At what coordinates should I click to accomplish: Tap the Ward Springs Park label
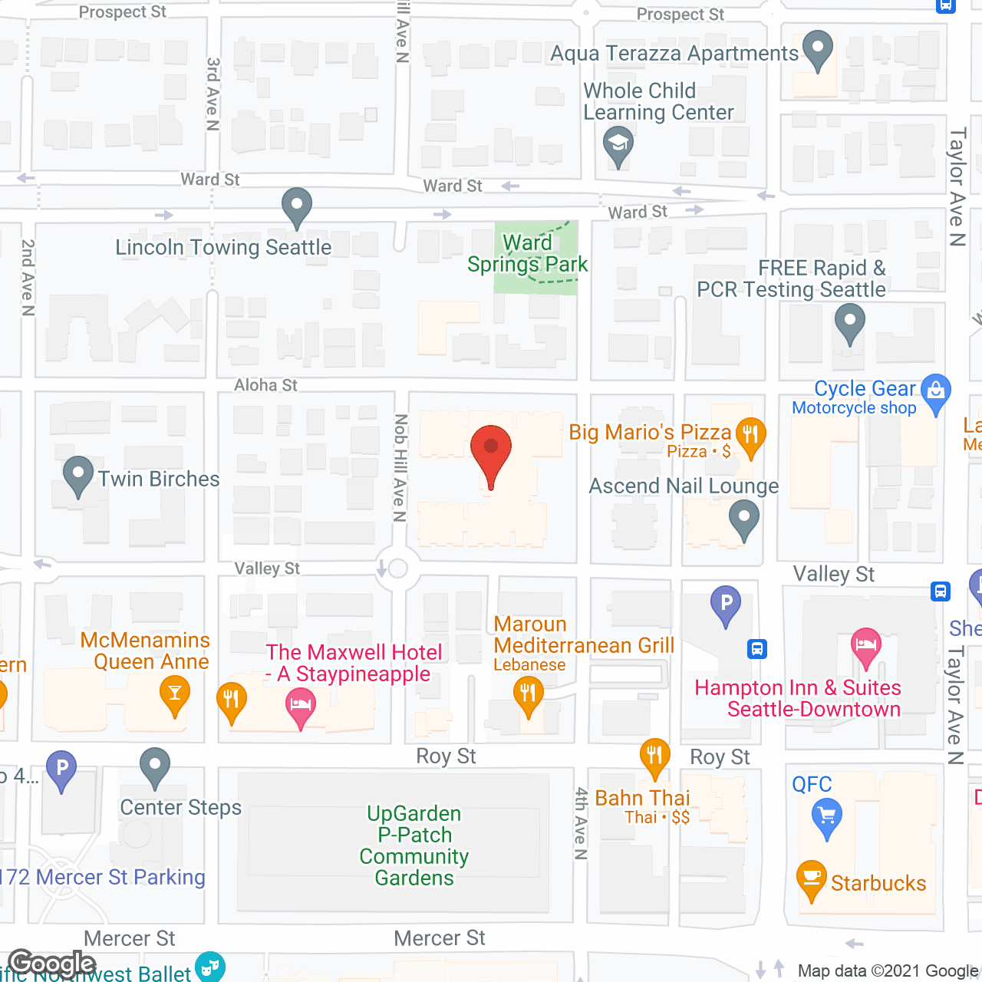pos(527,254)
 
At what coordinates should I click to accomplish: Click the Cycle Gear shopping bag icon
pos(935,392)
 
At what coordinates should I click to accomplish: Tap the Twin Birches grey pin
pos(77,476)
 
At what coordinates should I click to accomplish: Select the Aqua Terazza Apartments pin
pos(818,50)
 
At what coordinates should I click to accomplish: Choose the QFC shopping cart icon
pos(827,816)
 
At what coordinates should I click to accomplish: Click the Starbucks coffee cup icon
pos(812,879)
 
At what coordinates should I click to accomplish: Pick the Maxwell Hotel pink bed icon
pos(300,706)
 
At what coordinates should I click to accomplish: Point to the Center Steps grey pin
pos(155,766)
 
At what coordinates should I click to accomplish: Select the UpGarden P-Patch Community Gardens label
pos(414,845)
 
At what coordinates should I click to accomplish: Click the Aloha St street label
pos(265,385)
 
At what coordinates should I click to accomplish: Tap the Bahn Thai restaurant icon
pos(654,756)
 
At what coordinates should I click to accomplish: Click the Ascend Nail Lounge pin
pos(743,519)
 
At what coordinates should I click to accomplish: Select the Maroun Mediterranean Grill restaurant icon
pos(528,695)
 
